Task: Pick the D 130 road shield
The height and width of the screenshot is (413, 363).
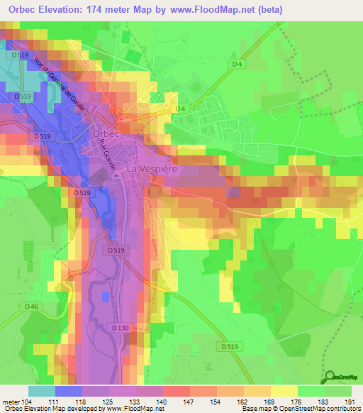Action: coord(121,328)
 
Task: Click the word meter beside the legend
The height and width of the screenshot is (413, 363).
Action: coord(11,402)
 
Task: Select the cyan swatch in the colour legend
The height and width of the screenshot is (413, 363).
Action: coord(42,391)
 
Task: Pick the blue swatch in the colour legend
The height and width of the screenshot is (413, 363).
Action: coord(69,391)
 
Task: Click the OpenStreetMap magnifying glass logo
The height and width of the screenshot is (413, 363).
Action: coord(330,376)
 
